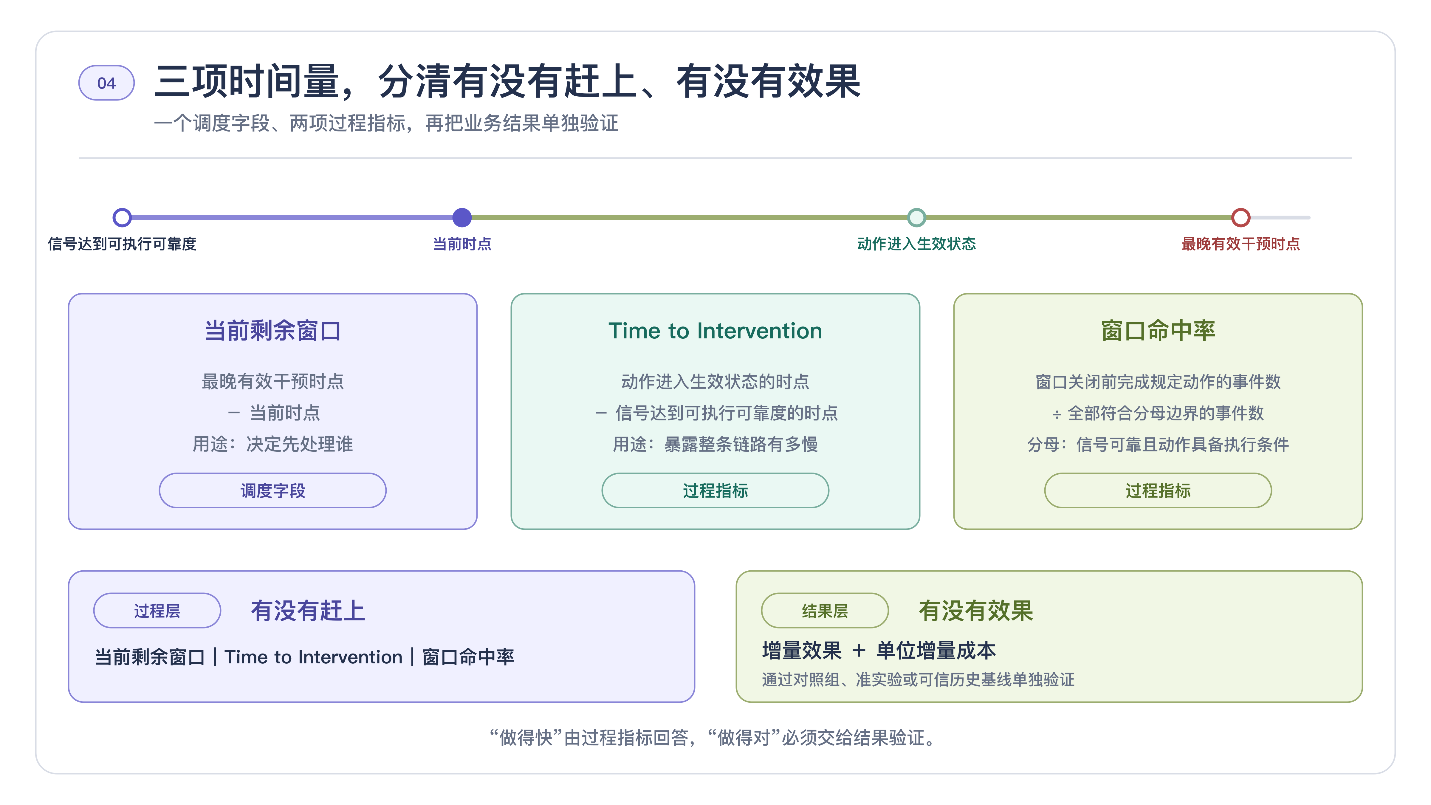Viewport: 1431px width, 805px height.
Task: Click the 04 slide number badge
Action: (x=106, y=83)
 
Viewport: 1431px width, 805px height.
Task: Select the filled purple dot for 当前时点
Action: (x=461, y=217)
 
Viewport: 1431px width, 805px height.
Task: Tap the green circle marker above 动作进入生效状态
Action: (x=916, y=217)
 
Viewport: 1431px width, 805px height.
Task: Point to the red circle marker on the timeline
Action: (x=1240, y=217)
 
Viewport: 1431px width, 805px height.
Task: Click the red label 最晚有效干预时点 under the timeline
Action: (x=1240, y=244)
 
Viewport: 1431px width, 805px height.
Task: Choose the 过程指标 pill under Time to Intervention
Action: (x=715, y=490)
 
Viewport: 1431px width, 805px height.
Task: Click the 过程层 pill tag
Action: (x=157, y=611)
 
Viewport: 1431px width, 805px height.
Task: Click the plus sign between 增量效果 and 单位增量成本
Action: (x=859, y=651)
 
